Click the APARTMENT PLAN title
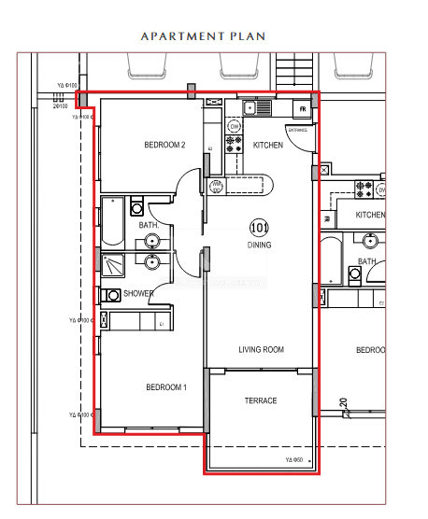tap(203, 36)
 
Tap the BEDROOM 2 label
tap(165, 145)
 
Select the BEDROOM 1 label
tap(166, 387)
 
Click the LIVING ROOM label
tap(261, 350)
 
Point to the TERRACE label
tap(261, 400)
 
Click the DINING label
tap(260, 245)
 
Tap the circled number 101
tap(260, 227)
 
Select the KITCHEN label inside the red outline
tap(268, 146)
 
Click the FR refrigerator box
tap(303, 109)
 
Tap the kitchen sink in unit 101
tap(257, 108)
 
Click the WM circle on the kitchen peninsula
tap(217, 185)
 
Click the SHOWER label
tap(138, 294)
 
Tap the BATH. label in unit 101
tap(150, 225)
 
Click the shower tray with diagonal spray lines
tap(113, 267)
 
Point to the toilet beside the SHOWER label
tap(114, 295)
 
